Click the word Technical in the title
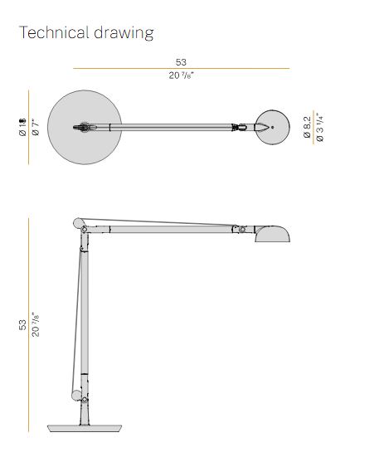[x=54, y=33]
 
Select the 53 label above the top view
[x=181, y=61]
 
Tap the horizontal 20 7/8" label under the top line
[x=181, y=76]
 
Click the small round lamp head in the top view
[x=271, y=127]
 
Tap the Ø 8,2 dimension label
[x=306, y=127]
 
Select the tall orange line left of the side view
[x=29, y=324]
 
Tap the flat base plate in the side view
[x=83, y=428]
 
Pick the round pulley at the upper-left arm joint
[x=80, y=223]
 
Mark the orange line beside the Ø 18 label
[x=29, y=127]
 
